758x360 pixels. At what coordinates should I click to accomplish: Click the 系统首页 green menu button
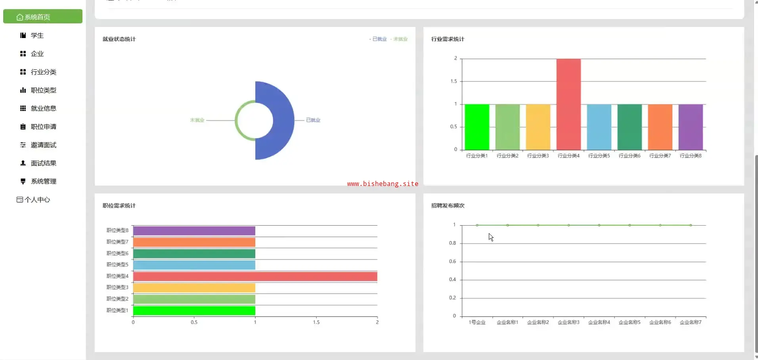pos(42,17)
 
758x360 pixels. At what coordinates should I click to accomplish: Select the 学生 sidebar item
pos(37,35)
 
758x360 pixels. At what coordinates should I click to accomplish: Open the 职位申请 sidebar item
pos(43,126)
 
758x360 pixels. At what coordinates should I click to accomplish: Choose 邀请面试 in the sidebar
pos(43,145)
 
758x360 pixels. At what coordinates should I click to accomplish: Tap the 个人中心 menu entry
pos(37,199)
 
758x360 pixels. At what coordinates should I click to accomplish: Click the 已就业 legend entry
pos(379,39)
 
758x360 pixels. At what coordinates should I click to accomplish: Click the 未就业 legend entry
pos(400,39)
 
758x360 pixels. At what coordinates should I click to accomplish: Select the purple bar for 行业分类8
pos(691,127)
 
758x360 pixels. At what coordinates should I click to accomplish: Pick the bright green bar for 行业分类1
pos(477,127)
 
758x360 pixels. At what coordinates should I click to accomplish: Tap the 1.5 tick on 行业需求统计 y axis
pos(454,81)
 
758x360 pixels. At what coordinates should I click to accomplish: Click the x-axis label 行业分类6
pos(630,156)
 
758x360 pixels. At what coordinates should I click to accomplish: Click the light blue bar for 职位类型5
pos(194,265)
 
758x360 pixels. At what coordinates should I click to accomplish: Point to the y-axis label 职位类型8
pos(117,230)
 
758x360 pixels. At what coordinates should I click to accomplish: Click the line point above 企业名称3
pos(568,225)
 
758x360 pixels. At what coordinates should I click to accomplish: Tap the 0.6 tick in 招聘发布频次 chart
pos(452,261)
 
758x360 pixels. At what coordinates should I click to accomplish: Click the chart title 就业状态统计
pos(119,39)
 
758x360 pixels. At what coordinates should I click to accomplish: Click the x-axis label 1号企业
pos(477,322)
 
